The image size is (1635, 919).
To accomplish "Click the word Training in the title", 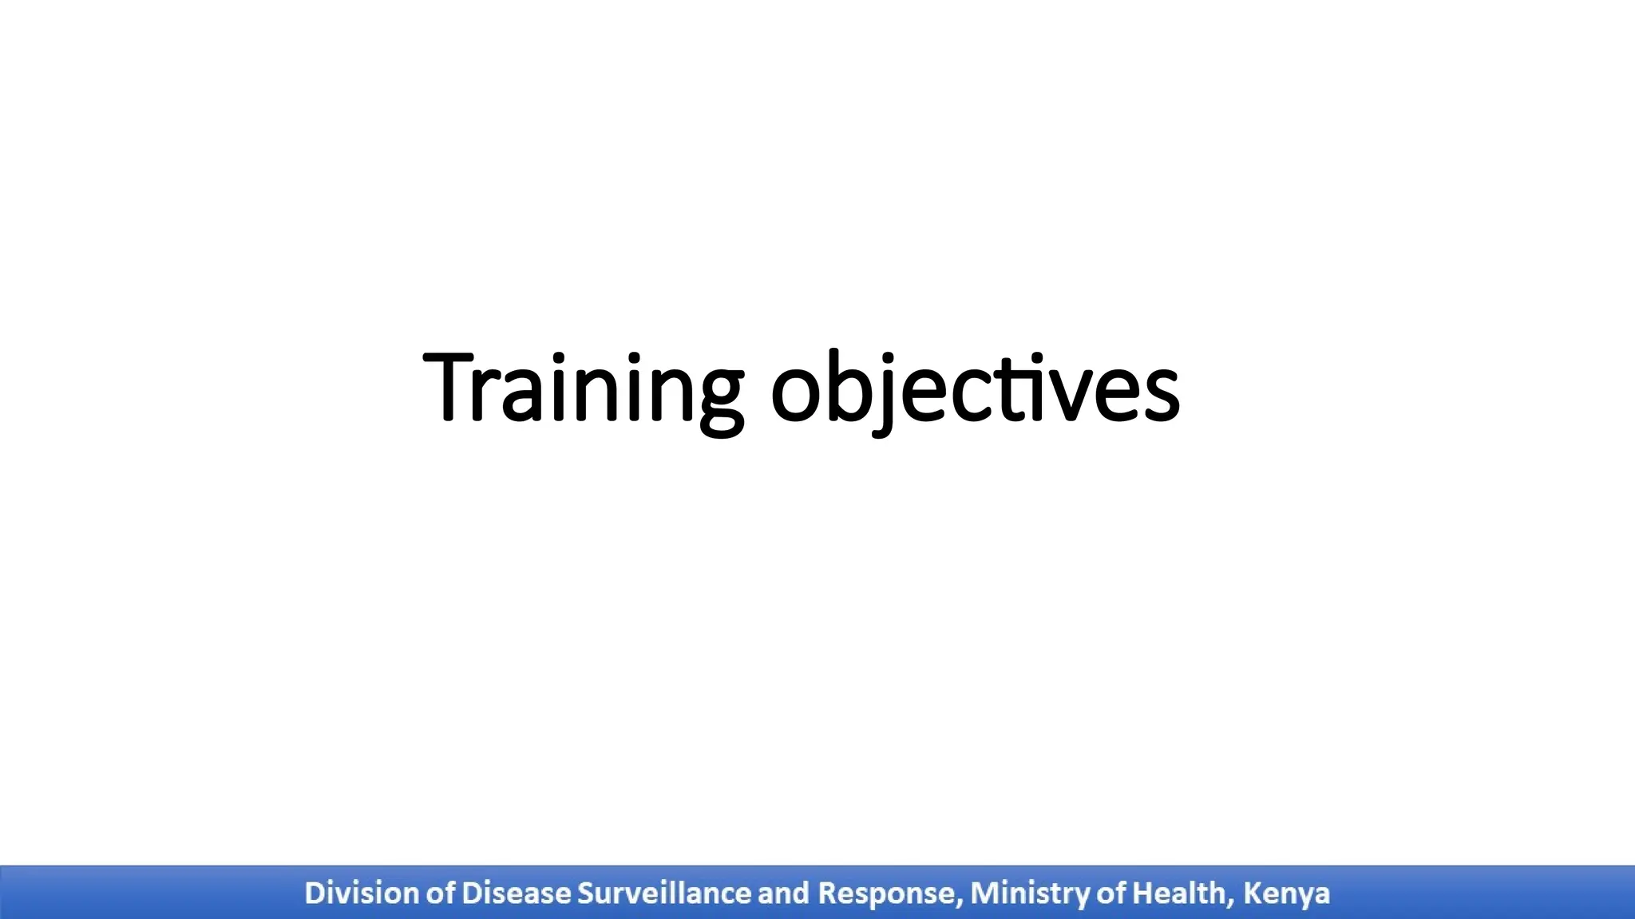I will point(583,389).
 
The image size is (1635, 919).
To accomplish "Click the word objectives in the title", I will point(975,389).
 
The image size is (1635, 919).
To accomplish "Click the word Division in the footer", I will point(362,893).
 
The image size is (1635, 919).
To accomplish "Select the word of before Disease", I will point(441,893).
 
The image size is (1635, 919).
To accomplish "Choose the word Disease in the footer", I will point(516,893).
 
